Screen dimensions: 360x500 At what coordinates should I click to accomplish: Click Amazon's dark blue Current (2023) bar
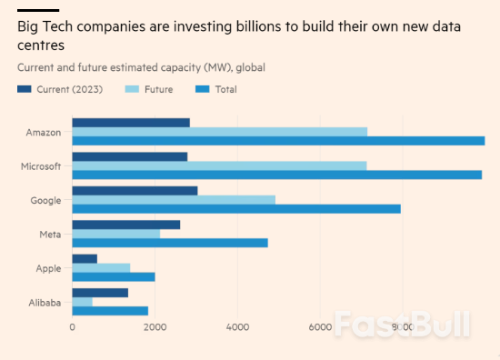[x=131, y=123]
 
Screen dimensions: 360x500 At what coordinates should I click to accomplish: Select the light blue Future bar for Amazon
[x=219, y=132]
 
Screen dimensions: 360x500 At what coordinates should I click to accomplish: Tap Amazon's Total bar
[x=278, y=141]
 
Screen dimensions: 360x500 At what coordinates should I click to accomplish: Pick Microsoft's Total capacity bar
[x=276, y=175]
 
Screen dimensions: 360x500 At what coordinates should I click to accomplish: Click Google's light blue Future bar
[x=174, y=200]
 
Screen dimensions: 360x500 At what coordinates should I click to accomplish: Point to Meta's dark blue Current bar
[x=126, y=225]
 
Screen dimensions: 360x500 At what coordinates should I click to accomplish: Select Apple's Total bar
[x=114, y=276]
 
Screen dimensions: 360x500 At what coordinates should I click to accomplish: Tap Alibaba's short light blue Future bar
[x=83, y=302]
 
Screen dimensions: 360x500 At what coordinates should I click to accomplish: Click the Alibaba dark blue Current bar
[x=100, y=293]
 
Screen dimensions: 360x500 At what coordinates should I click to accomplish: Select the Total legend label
[x=225, y=89]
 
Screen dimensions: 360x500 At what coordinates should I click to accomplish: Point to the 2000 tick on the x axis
[x=155, y=327]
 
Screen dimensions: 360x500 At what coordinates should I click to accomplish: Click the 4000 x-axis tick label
[x=237, y=327]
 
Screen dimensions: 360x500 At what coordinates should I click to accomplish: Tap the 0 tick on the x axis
[x=73, y=327]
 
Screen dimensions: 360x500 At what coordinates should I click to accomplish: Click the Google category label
[x=45, y=200]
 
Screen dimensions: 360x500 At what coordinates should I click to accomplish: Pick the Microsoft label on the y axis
[x=41, y=166]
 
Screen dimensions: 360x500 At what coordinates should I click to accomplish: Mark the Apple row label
[x=48, y=268]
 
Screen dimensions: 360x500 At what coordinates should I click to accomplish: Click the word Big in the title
[x=29, y=26]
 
